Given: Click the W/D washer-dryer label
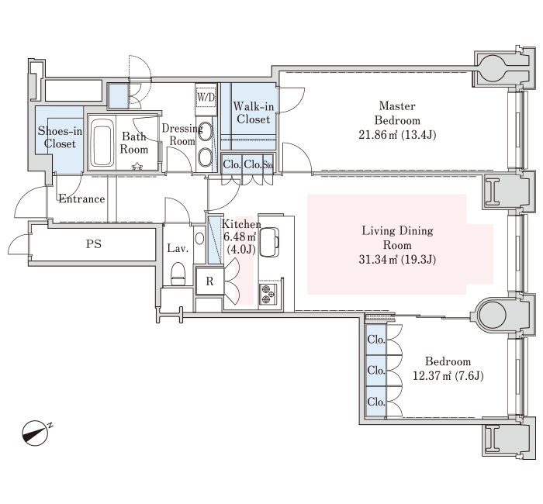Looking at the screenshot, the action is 206,97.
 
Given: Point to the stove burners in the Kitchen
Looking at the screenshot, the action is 268,294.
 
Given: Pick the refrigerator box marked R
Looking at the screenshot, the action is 209,281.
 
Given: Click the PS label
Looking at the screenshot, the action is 94,244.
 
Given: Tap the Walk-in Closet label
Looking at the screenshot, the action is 254,113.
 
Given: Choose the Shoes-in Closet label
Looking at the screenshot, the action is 60,137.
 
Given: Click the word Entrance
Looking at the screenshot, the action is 81,198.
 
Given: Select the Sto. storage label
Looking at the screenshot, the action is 268,164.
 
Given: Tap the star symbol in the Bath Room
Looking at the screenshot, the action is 137,166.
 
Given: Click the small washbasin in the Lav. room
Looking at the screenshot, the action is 199,239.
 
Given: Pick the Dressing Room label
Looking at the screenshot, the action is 182,135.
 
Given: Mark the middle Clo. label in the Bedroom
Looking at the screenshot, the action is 376,371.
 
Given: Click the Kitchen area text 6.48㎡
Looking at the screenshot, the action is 239,236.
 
